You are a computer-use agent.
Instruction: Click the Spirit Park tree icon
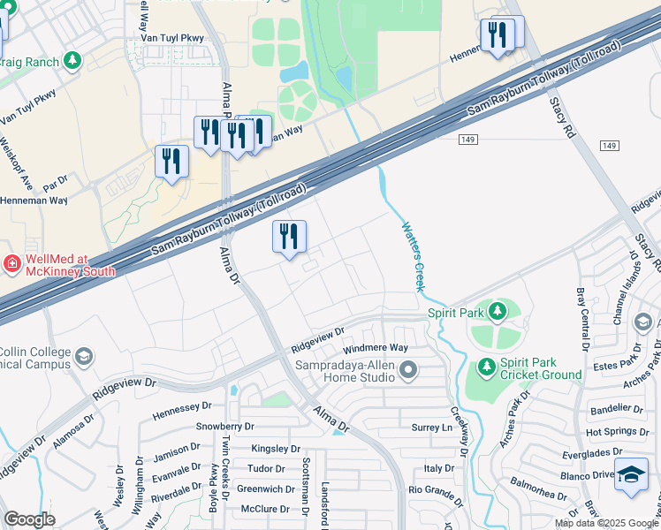click(498, 311)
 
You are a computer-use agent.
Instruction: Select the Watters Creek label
click(409, 256)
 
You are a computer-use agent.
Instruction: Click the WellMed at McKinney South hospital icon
click(11, 262)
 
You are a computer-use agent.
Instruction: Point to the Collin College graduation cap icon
click(83, 357)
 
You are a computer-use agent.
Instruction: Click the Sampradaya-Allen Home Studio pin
click(407, 370)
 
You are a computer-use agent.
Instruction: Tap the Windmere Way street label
click(376, 349)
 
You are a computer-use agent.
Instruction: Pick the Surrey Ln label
click(432, 428)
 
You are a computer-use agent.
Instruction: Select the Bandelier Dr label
click(617, 409)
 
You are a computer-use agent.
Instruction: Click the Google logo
click(30, 519)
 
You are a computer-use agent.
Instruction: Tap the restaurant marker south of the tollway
click(289, 236)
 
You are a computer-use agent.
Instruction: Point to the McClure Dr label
click(265, 509)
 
